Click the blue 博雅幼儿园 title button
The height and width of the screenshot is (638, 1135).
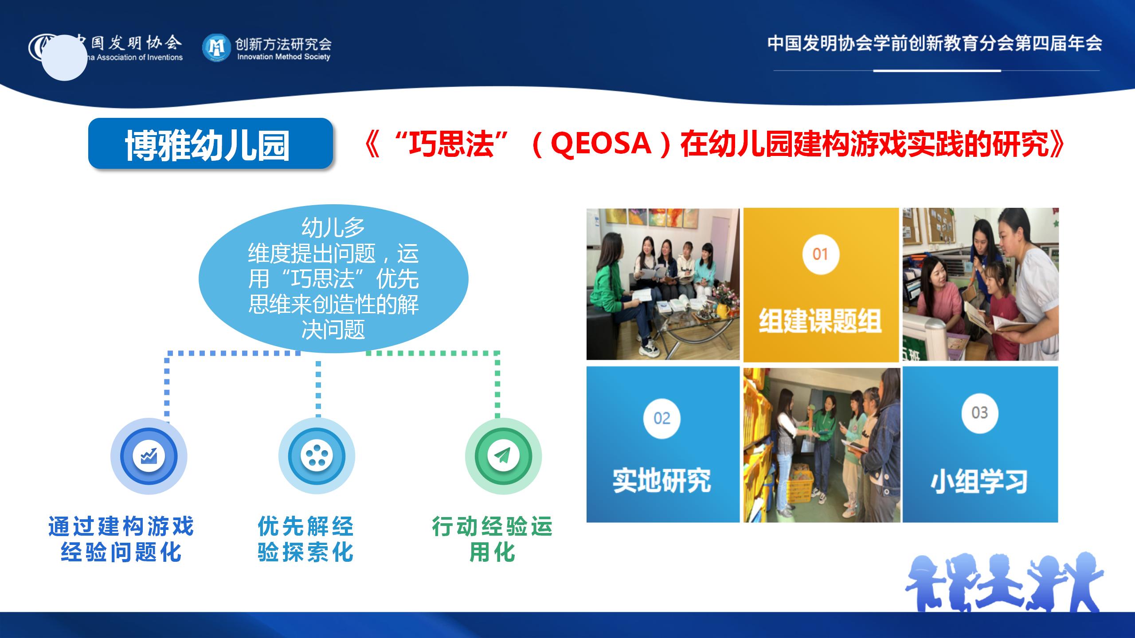211,144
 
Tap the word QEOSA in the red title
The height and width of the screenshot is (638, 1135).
600,144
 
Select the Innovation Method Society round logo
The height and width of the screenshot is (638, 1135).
216,47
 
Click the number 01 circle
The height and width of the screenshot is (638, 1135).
820,254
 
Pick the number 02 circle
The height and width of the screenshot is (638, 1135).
661,419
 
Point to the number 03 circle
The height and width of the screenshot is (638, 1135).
979,413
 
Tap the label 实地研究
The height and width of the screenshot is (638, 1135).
661,480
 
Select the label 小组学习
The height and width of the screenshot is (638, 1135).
979,482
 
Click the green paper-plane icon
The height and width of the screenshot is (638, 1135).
503,456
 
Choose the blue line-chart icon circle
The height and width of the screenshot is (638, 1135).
149,456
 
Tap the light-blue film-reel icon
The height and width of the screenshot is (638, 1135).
317,456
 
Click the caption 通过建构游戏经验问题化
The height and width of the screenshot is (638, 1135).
121,539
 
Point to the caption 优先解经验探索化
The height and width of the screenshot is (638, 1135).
305,539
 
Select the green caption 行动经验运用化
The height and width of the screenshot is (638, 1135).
492,539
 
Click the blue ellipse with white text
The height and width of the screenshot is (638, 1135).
333,278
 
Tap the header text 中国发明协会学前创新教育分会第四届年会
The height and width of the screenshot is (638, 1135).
935,43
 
